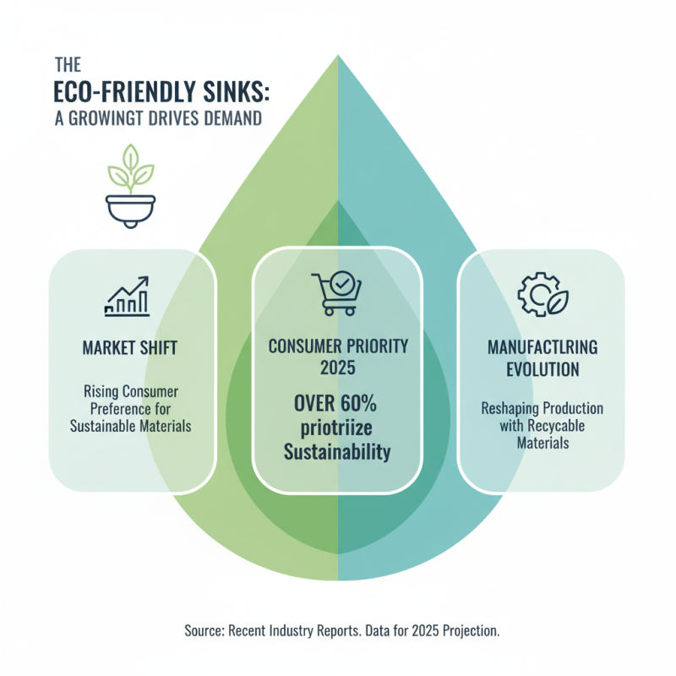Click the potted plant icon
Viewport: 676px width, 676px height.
[x=130, y=186]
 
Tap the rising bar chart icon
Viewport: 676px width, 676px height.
[x=128, y=297]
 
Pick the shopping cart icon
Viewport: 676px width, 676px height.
[x=336, y=293]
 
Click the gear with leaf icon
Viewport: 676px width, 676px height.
[x=542, y=294]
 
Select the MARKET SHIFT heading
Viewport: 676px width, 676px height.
[x=130, y=348]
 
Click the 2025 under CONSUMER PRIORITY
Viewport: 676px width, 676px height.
[x=337, y=368]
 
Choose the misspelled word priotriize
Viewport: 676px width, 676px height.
[x=336, y=428]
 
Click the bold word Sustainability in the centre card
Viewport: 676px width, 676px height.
[x=337, y=452]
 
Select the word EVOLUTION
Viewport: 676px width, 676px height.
[x=542, y=369]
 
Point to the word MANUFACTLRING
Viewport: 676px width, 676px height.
[x=542, y=347]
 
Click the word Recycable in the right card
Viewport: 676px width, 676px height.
[x=556, y=426]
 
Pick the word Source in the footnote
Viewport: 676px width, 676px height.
[x=204, y=630]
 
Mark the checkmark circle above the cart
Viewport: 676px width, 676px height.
[x=342, y=283]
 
